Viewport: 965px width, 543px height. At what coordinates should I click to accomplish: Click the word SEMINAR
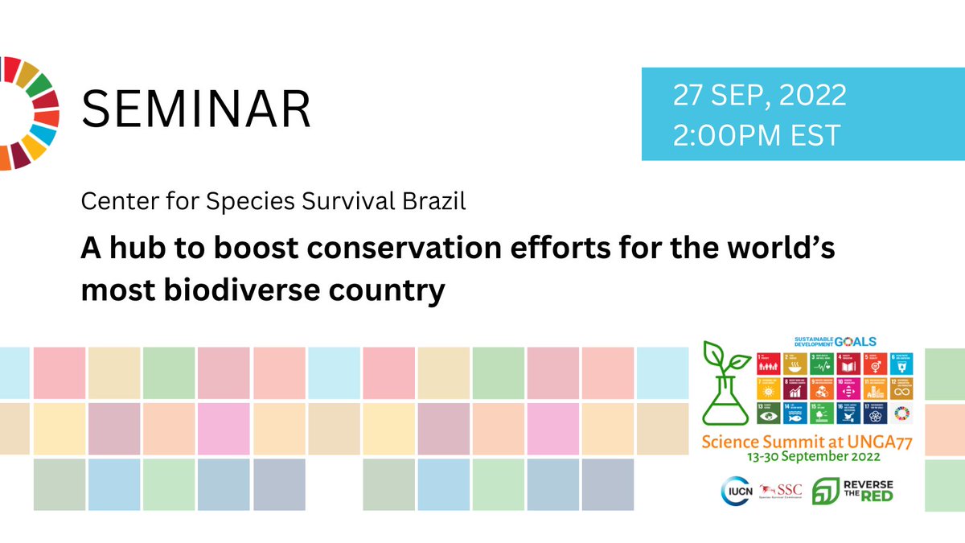click(x=197, y=110)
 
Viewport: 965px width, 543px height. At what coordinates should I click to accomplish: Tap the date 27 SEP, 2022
click(x=760, y=96)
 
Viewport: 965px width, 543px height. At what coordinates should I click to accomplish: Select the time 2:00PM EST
click(x=757, y=134)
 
